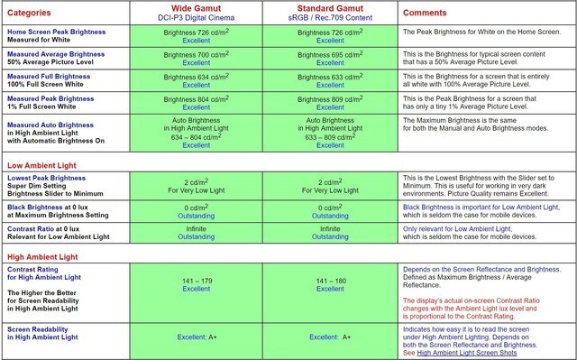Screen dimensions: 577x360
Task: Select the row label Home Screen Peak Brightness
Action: [x=66, y=32]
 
